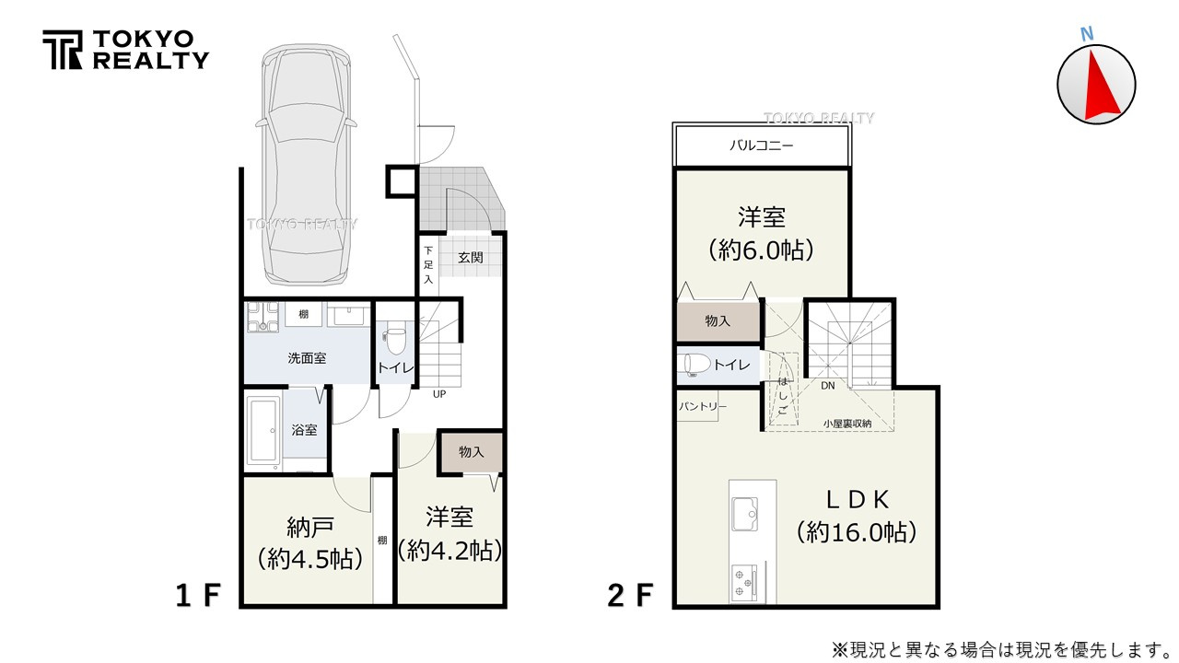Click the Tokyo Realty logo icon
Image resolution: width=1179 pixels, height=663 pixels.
click(x=62, y=50)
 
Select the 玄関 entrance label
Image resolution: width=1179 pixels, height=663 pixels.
click(x=470, y=258)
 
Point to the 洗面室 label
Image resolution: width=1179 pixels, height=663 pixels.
click(x=307, y=357)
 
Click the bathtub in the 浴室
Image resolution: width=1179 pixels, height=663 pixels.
click(x=264, y=430)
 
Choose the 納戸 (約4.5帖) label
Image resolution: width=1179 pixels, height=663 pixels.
click(x=309, y=542)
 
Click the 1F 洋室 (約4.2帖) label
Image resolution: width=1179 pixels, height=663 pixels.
click(x=449, y=533)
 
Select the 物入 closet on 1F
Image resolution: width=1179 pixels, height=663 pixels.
click(x=471, y=452)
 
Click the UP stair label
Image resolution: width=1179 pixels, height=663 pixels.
click(x=440, y=394)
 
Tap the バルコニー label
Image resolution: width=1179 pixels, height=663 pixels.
click(x=761, y=145)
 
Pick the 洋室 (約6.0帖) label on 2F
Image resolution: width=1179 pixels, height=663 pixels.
click(x=761, y=234)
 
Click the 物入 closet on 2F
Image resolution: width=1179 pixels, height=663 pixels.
click(x=718, y=320)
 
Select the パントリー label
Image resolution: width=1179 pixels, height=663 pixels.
click(x=703, y=406)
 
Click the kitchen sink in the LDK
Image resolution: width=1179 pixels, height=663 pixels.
click(x=745, y=511)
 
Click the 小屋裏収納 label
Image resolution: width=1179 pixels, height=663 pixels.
click(x=846, y=424)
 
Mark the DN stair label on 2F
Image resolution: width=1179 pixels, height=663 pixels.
click(x=827, y=386)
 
